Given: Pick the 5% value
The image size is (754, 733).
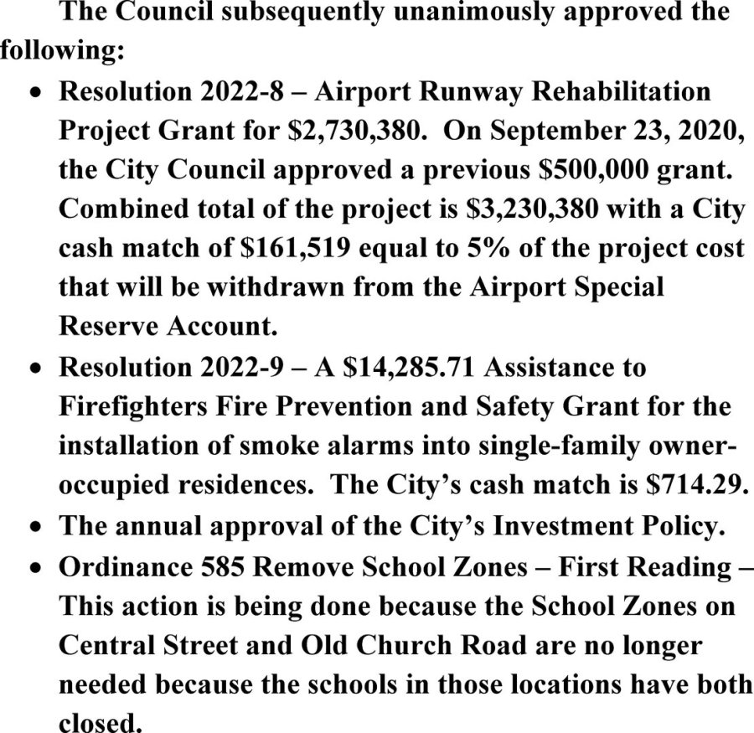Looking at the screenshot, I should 480,246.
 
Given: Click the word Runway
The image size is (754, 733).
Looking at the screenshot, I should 471,90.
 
